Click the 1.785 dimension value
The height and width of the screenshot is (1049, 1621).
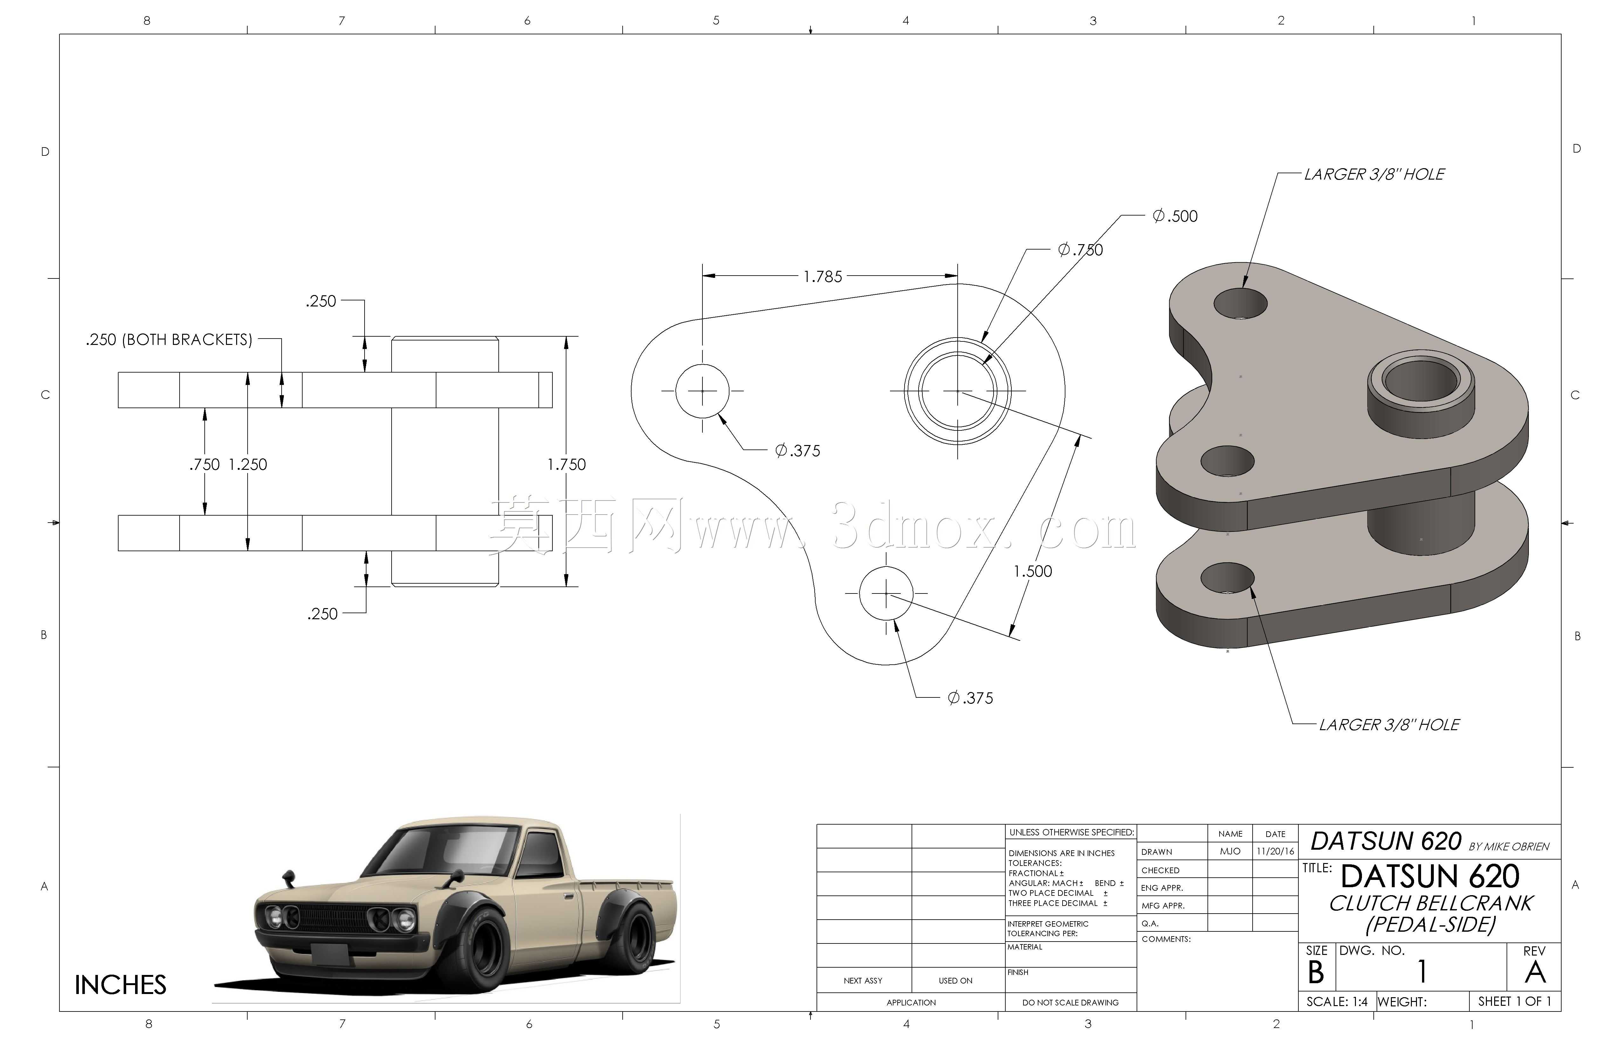[x=823, y=277]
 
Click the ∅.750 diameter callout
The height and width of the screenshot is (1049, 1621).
[x=1080, y=250]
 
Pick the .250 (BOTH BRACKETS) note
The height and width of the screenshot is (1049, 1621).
[x=169, y=339]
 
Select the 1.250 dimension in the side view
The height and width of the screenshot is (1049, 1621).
[x=248, y=464]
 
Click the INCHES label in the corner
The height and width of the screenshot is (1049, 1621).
[x=120, y=985]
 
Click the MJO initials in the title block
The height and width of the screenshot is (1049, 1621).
[x=1230, y=852]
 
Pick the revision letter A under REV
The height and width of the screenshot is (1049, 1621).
[x=1535, y=973]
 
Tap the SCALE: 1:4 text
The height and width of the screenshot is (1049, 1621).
[x=1336, y=1002]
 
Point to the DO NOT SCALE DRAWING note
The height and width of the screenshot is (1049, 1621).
[x=1071, y=1003]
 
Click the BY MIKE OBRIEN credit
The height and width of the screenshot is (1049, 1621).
[x=1508, y=847]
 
